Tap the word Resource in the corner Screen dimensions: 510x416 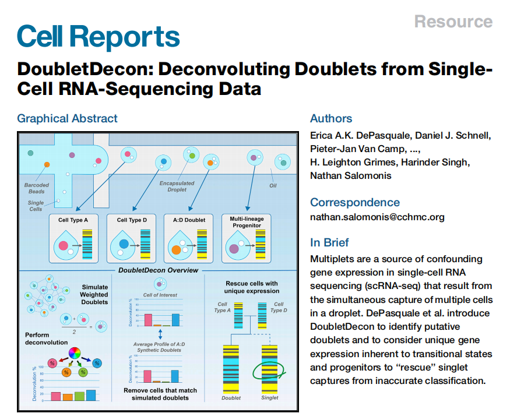coord(453,22)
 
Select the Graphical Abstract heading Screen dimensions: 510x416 coord(67,118)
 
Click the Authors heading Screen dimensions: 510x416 coord(331,118)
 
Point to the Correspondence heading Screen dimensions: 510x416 coord(354,202)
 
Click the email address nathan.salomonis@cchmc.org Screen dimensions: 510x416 coord(377,217)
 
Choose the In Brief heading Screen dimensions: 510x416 coord(329,243)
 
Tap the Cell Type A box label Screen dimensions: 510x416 coord(73,220)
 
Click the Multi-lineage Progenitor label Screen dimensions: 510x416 coord(247,222)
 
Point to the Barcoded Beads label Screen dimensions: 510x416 coord(37,188)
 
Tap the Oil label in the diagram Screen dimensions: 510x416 coord(273,186)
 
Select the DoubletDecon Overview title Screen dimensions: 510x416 coord(158,270)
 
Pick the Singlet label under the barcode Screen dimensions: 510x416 coord(270,398)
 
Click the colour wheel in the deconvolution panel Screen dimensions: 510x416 coord(73,353)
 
